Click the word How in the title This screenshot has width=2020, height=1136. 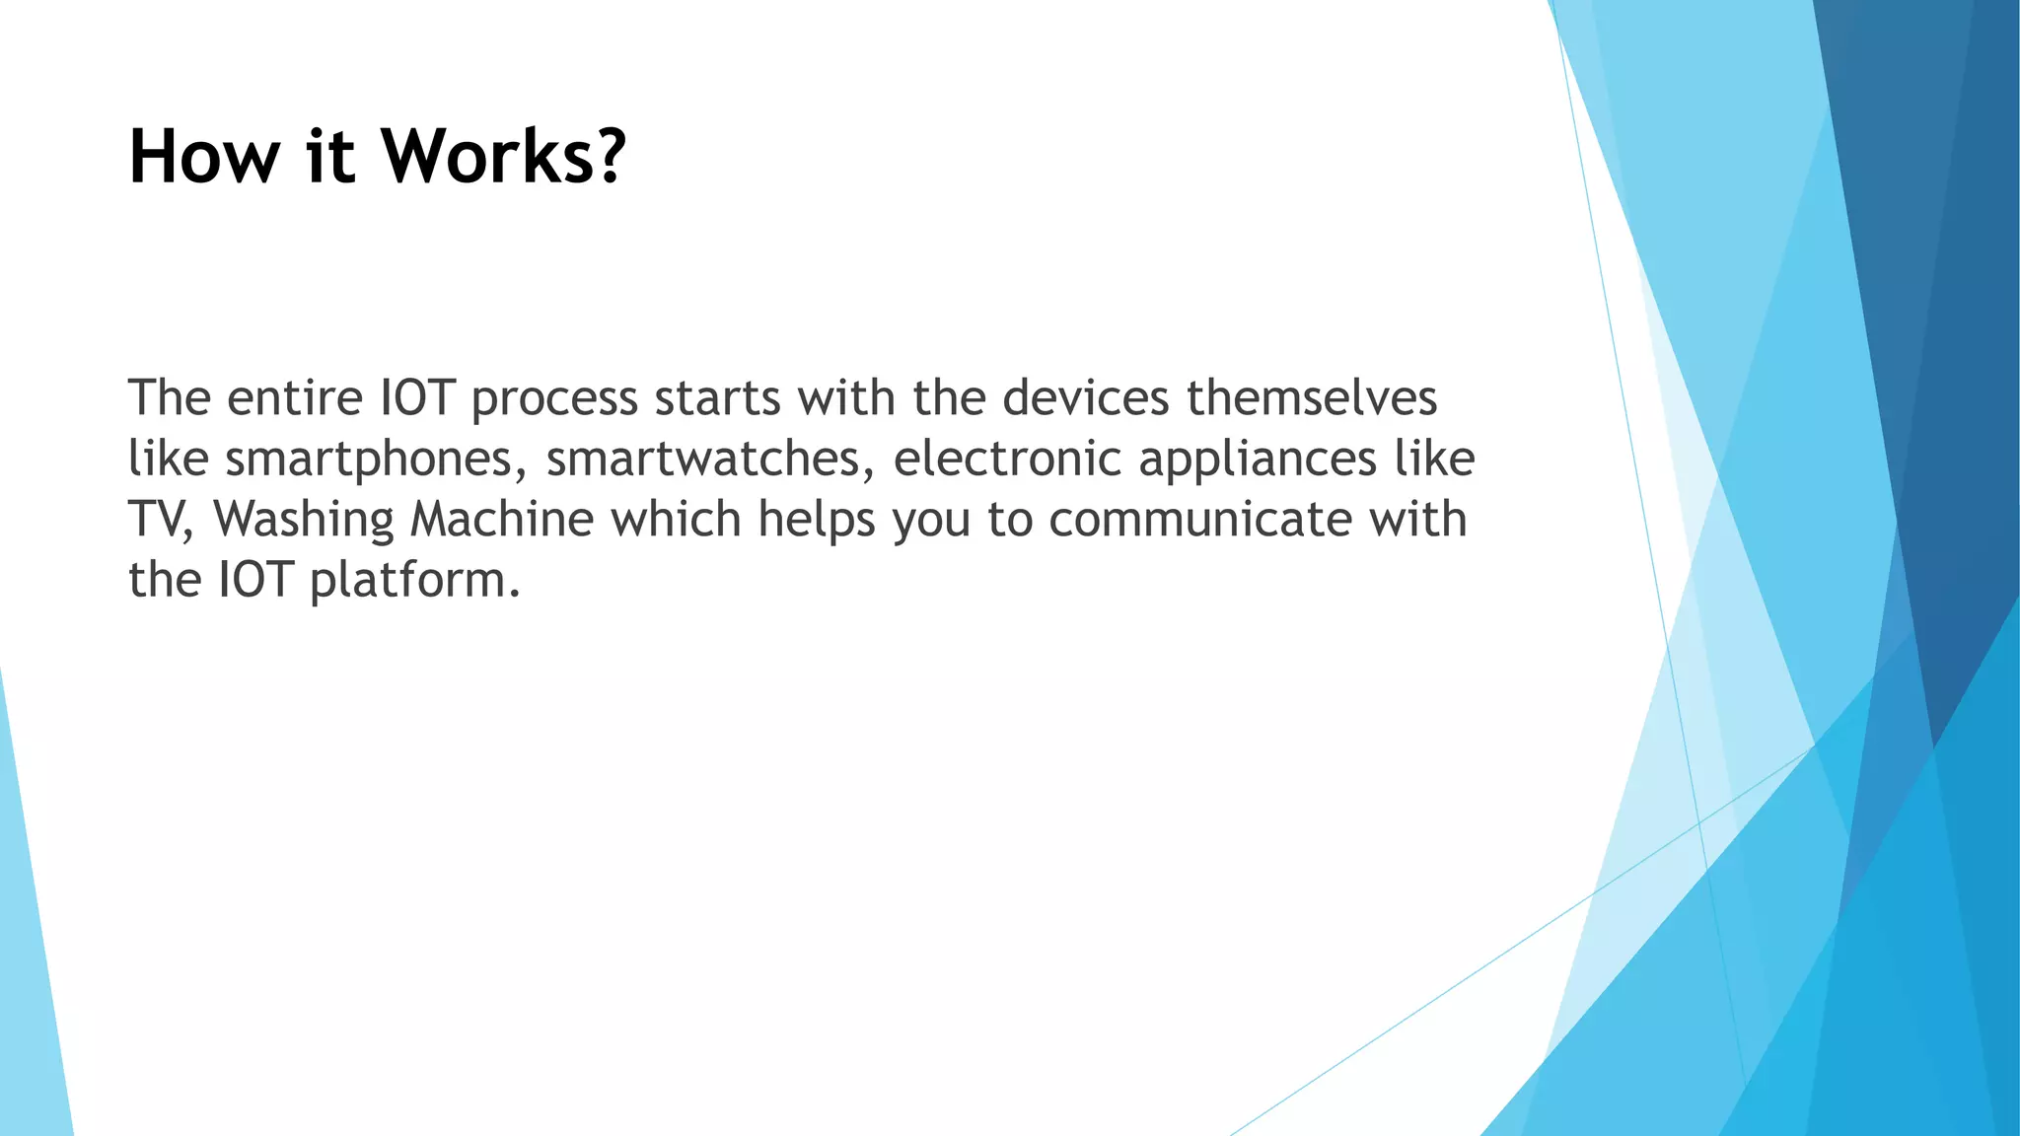click(204, 157)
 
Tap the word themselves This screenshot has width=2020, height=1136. click(1312, 398)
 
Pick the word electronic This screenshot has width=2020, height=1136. click(1007, 460)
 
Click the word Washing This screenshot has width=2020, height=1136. click(304, 520)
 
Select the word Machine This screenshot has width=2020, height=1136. click(502, 519)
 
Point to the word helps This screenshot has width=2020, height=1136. click(817, 520)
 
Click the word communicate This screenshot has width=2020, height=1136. click(1200, 520)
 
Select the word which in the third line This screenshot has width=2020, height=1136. click(676, 519)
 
